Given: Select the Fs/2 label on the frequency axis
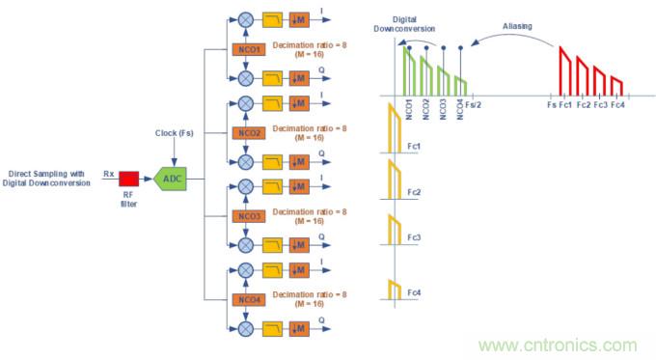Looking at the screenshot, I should (475, 104).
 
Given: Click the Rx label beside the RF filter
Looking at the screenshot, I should (109, 174).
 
